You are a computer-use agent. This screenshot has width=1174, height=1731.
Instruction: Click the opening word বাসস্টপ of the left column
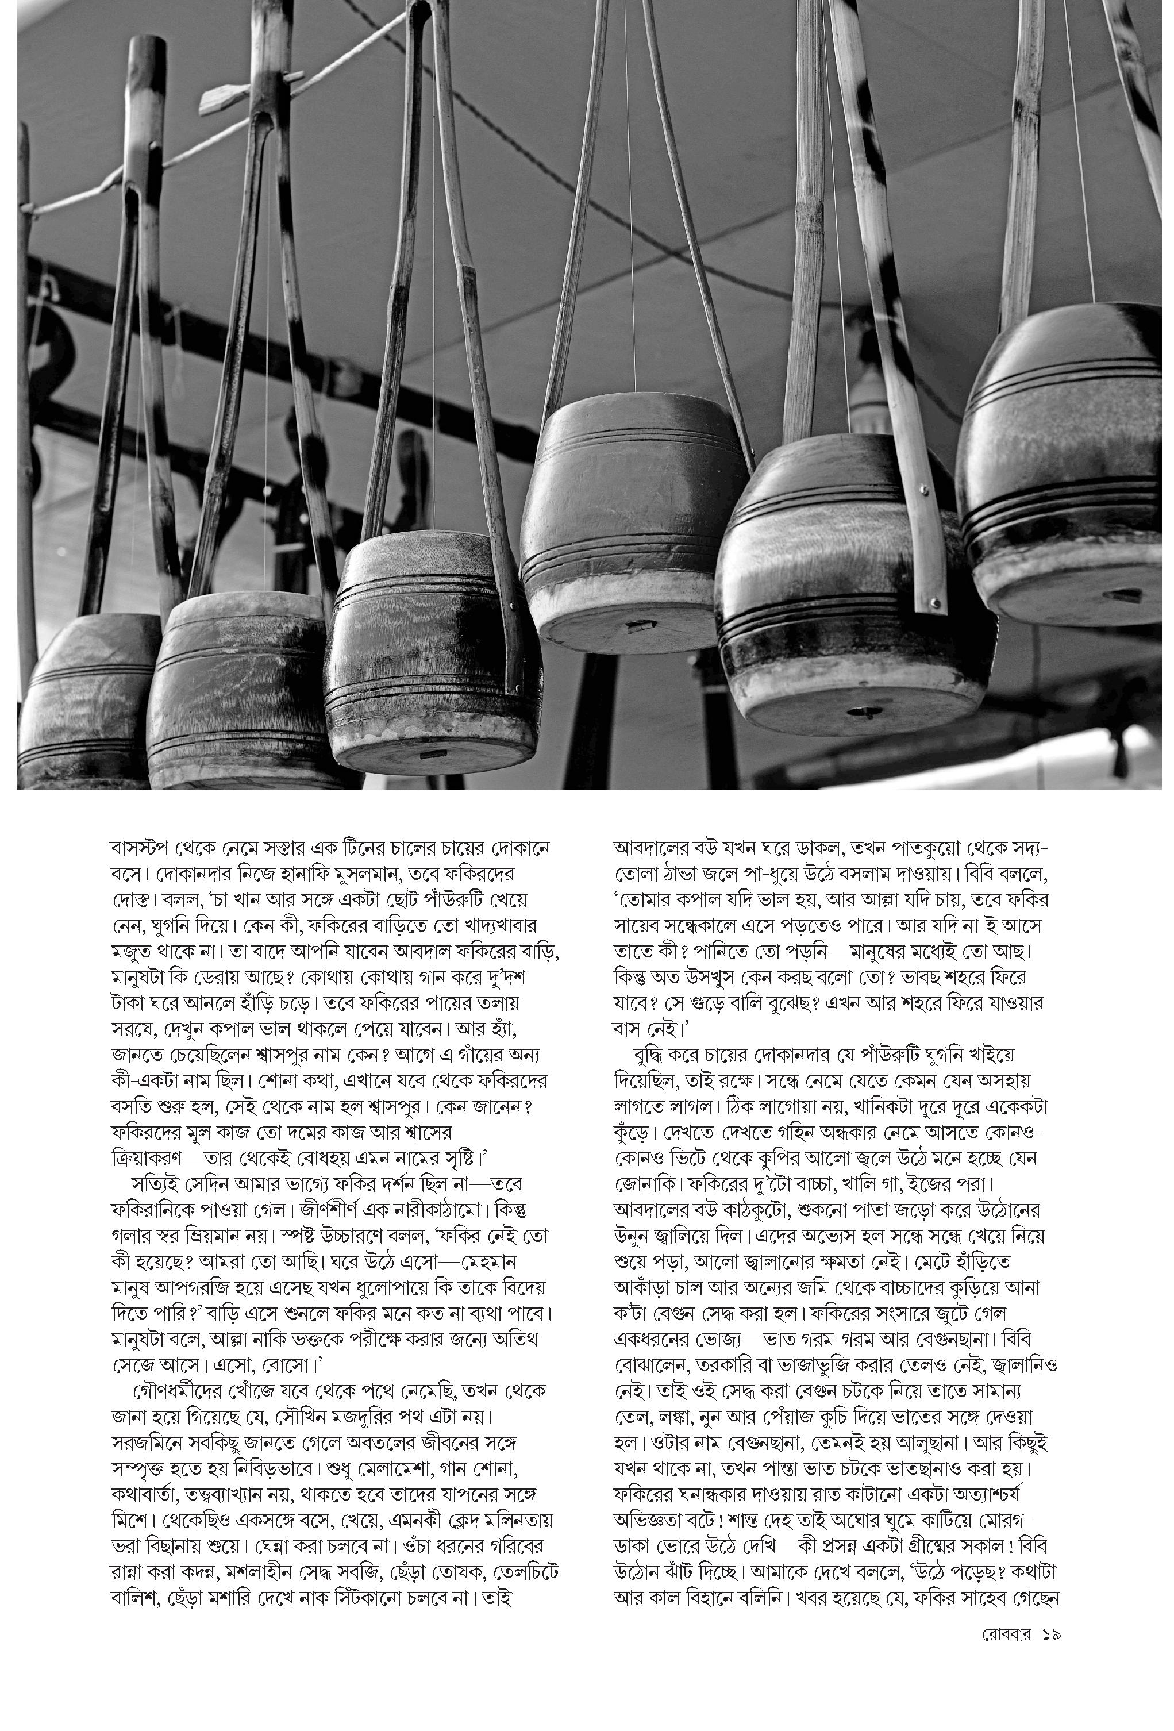tap(141, 848)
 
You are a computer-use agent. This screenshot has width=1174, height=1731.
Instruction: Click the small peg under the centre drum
tap(639, 628)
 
